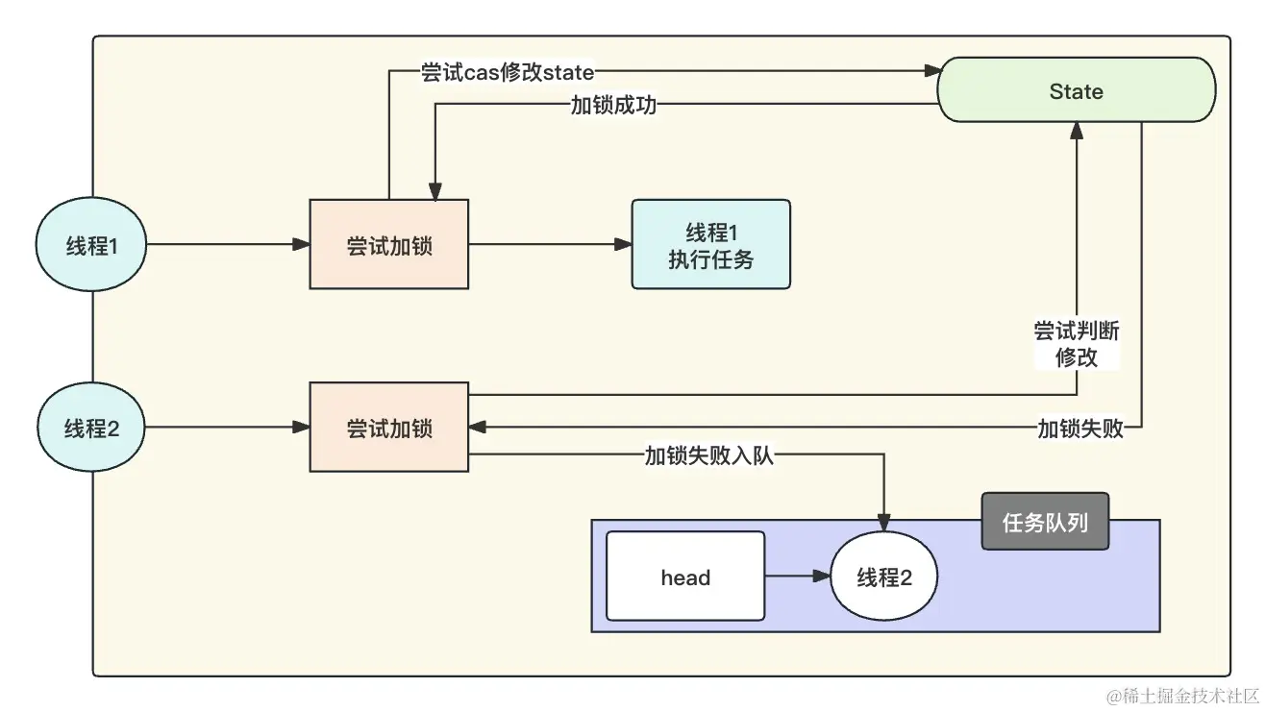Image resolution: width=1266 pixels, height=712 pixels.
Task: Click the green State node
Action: click(x=1076, y=90)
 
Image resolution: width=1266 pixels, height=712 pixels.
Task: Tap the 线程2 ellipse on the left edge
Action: click(x=91, y=429)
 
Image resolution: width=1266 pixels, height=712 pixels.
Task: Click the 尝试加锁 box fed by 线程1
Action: click(x=388, y=244)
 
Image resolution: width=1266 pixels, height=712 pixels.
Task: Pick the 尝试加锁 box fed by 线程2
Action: click(x=388, y=427)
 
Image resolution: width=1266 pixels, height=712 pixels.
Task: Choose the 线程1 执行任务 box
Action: click(x=710, y=244)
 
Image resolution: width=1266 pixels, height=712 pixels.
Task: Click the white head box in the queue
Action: click(x=685, y=577)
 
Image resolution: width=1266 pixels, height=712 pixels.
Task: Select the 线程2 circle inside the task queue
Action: click(x=883, y=577)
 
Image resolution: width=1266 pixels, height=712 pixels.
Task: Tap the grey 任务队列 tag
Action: click(x=1045, y=522)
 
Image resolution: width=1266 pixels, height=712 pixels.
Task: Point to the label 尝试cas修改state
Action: click(x=508, y=72)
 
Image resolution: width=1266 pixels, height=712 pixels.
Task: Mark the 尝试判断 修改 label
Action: click(x=1076, y=344)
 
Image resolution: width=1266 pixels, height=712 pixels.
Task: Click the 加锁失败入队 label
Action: click(x=708, y=456)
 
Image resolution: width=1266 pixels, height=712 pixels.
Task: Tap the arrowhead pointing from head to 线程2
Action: click(x=821, y=577)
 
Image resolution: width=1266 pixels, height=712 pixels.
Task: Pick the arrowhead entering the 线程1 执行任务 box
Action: click(x=623, y=245)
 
